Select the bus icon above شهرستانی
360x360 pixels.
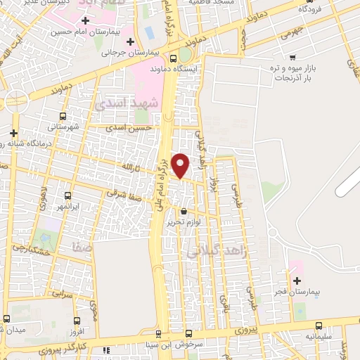pos(63,117)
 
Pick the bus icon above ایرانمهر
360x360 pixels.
pos(68,196)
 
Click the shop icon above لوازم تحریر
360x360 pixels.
pos(184,211)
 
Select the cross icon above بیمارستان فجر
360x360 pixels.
pos(296,281)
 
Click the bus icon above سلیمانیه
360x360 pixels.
pos(319,326)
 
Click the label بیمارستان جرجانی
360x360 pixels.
pos(130,52)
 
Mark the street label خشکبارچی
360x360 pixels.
pos(31,250)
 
